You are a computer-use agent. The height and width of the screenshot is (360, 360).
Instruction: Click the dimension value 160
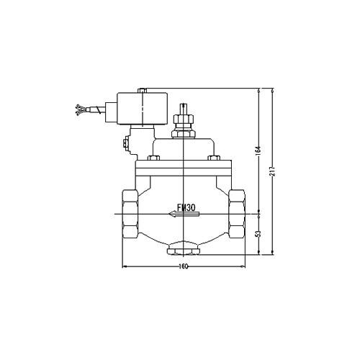[x=184, y=266]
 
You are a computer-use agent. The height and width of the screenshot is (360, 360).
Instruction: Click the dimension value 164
[x=258, y=150]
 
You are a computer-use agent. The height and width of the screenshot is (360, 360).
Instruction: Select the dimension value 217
[x=272, y=171]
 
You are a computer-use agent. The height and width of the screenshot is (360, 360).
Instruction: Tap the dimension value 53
[x=258, y=234]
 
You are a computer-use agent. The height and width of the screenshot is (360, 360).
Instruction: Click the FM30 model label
[x=186, y=207]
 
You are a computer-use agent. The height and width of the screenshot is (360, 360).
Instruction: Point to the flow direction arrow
[x=184, y=214]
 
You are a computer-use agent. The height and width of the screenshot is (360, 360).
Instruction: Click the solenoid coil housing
[x=142, y=109]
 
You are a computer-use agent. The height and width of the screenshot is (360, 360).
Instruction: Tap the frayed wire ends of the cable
[x=80, y=110]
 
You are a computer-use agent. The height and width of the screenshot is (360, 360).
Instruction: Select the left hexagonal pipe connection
[x=130, y=214]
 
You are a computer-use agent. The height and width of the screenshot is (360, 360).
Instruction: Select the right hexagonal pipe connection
[x=237, y=214]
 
